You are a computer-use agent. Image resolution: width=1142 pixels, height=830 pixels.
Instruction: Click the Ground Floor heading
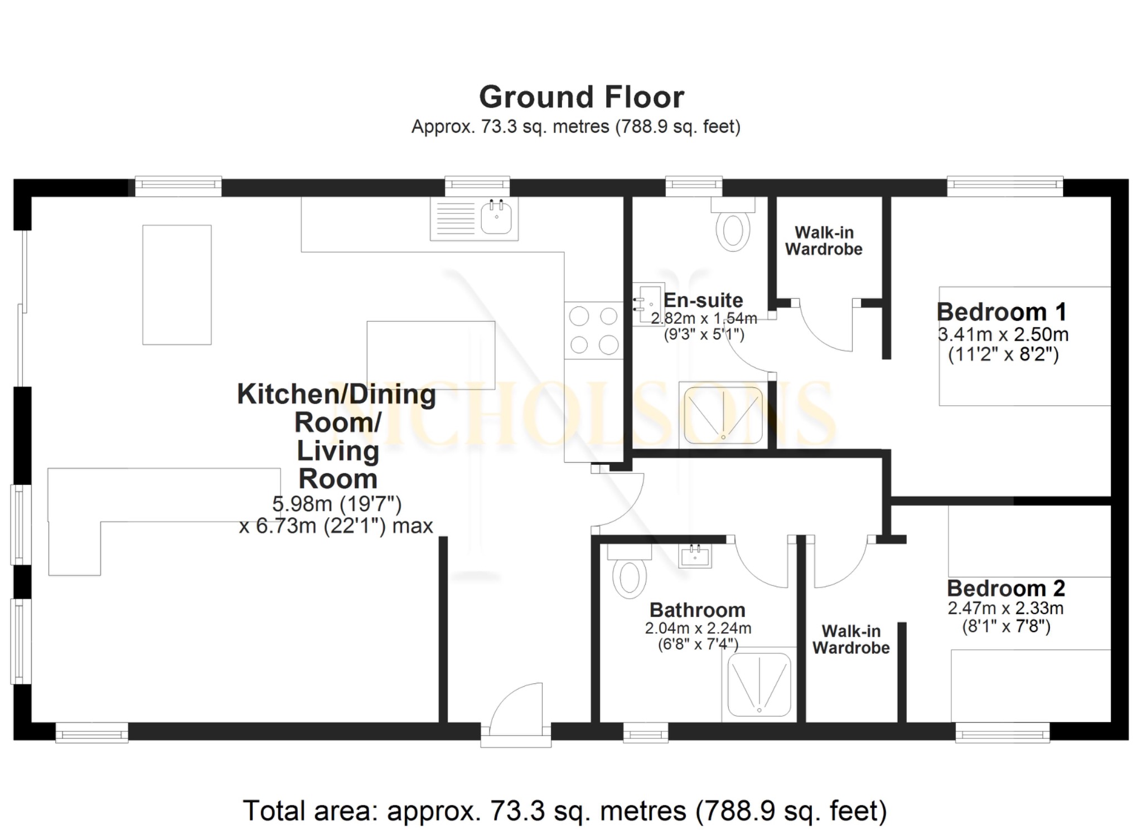tap(581, 98)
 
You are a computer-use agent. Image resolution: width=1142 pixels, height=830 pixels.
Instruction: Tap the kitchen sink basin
tap(496, 218)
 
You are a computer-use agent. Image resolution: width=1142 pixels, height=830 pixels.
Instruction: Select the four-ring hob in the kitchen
tap(593, 331)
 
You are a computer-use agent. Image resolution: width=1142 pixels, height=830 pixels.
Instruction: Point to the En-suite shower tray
tap(723, 415)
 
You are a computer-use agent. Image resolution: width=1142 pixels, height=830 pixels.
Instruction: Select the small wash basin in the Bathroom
tap(695, 555)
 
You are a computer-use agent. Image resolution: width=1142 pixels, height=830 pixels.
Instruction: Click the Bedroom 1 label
tap(1001, 312)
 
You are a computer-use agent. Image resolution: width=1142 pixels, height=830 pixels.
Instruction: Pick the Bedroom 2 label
tap(1006, 588)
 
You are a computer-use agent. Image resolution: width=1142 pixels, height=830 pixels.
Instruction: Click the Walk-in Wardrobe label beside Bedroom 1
tap(824, 241)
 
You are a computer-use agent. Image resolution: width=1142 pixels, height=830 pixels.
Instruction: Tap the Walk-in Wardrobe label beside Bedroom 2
tap(850, 639)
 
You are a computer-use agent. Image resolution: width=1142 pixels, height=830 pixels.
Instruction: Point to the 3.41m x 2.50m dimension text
tap(1003, 334)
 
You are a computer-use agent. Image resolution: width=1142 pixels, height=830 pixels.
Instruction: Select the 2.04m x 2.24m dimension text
tap(698, 628)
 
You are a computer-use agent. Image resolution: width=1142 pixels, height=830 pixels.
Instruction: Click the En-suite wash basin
tap(648, 304)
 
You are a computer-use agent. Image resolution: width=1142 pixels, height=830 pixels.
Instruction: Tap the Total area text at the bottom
tap(564, 810)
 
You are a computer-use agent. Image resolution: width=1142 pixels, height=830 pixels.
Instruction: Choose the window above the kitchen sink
tap(477, 186)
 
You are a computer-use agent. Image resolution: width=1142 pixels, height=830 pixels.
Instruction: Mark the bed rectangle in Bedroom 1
tap(1024, 346)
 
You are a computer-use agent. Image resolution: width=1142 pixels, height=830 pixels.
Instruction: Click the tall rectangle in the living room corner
tap(177, 285)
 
